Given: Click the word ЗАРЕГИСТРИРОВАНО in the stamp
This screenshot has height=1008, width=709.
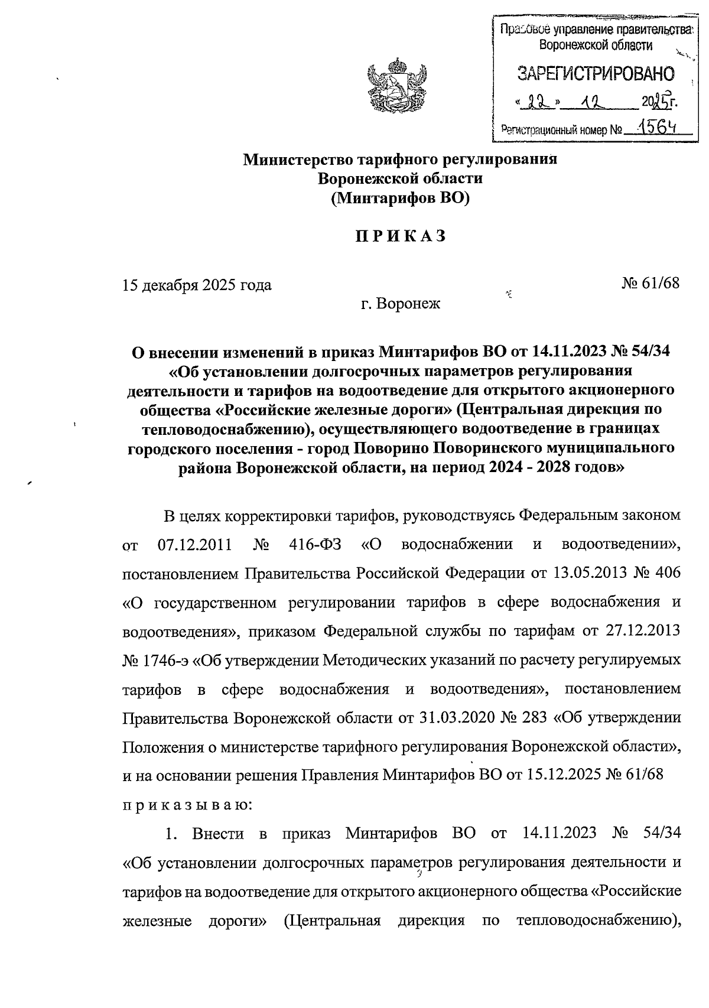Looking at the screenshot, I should click(x=595, y=74).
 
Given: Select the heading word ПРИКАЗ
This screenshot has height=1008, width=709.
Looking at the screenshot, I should click(x=400, y=236).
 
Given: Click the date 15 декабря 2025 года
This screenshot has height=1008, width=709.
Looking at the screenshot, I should click(x=197, y=285).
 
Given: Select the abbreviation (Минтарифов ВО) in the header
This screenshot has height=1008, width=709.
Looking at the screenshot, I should click(x=400, y=198).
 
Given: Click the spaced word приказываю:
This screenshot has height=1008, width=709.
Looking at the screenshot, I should click(x=188, y=804).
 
